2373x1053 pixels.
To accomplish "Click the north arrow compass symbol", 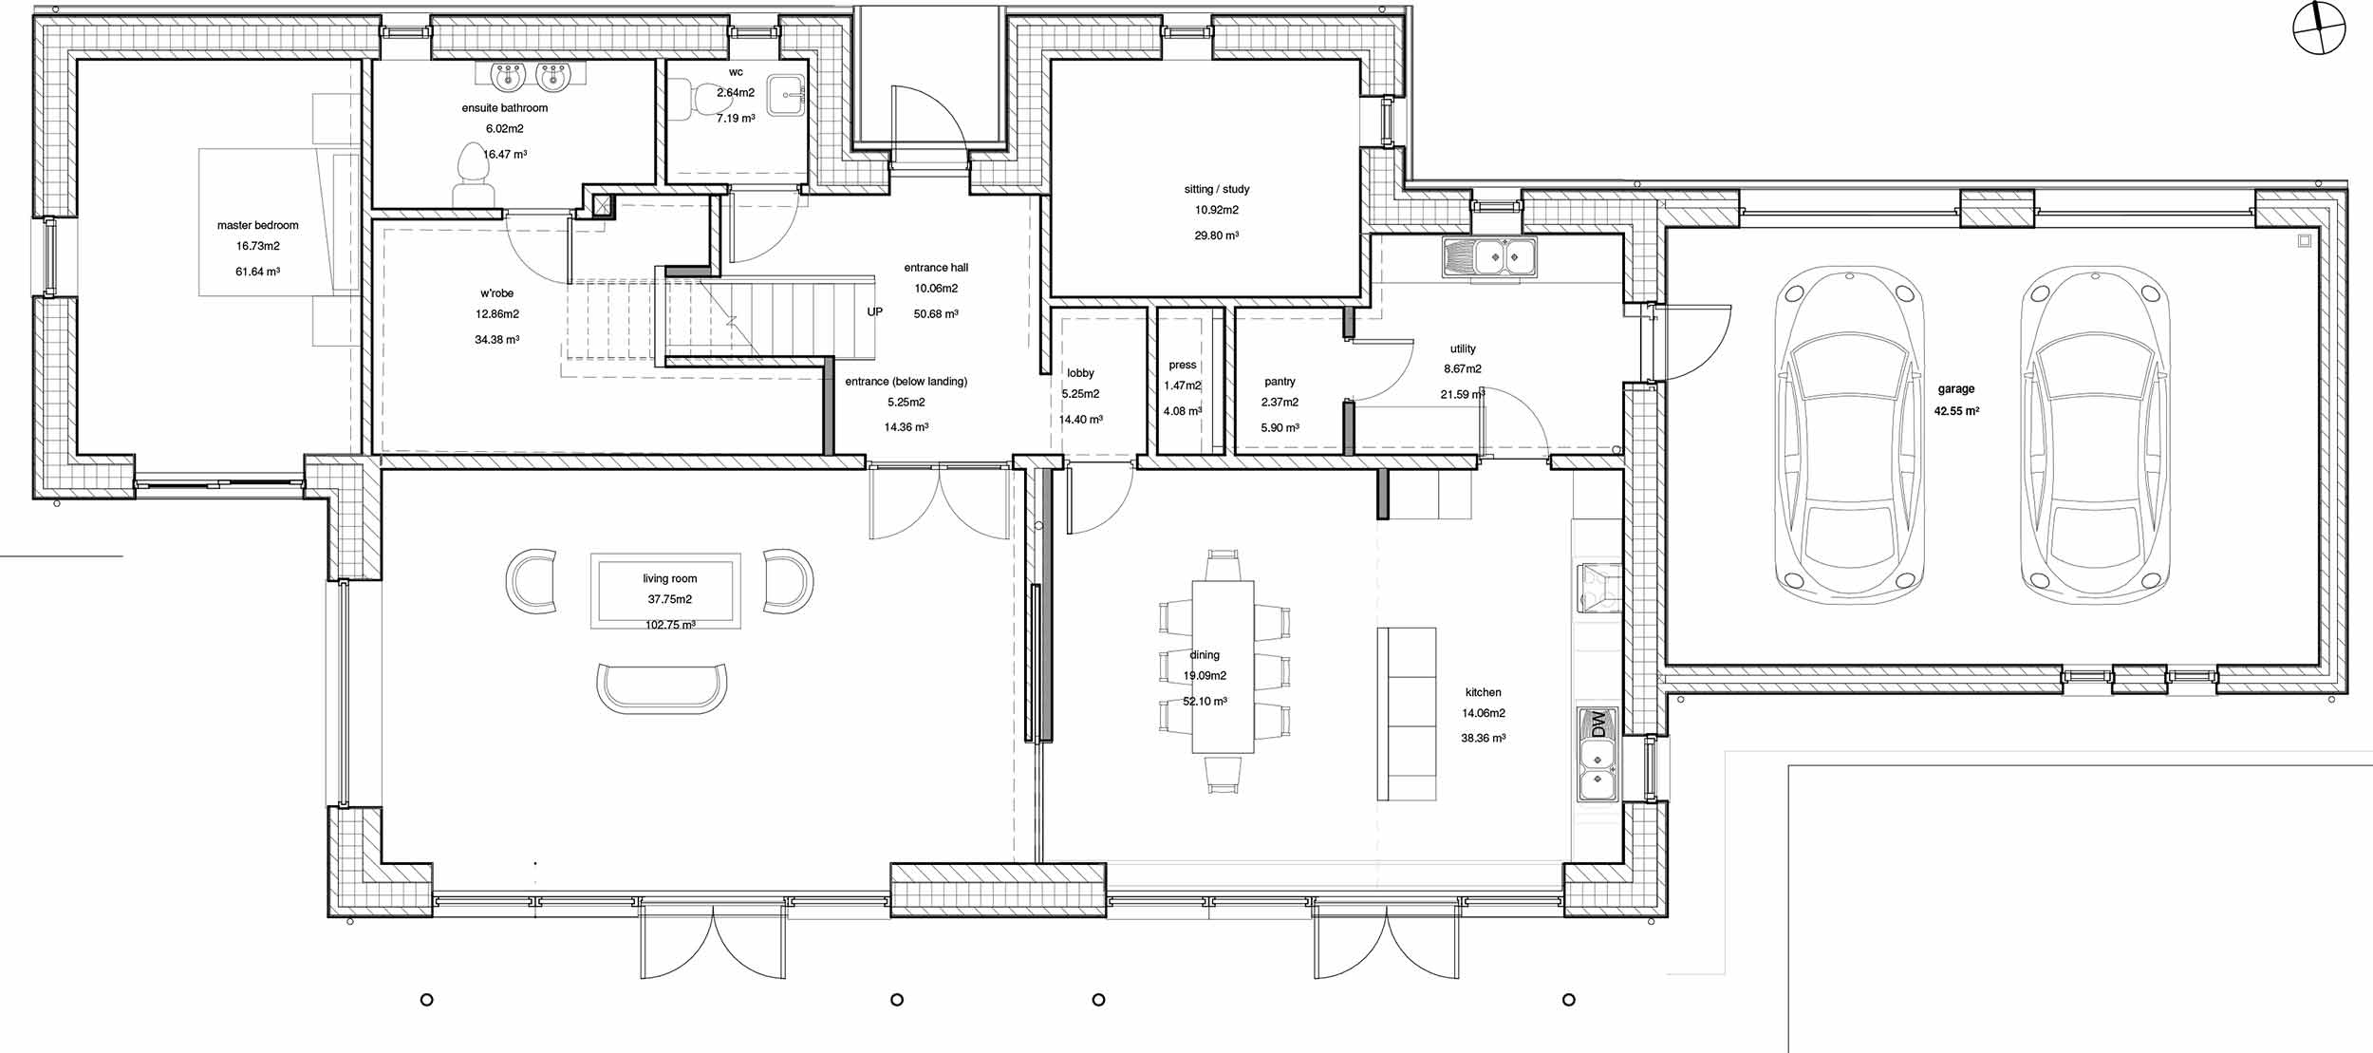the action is (2319, 28).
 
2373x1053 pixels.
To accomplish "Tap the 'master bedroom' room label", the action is (257, 225).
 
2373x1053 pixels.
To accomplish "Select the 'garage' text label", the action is (1956, 389).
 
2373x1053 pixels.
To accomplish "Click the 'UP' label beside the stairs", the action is (874, 311).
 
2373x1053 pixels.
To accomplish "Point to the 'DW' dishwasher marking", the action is (1599, 724).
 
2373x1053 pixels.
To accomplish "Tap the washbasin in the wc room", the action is (786, 95).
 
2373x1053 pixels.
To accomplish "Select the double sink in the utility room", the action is (1489, 257).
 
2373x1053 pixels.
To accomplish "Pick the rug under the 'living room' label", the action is (665, 591).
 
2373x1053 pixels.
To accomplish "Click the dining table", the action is (1223, 667).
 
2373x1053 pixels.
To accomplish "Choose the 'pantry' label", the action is (1280, 382).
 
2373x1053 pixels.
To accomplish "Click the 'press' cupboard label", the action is (1183, 365).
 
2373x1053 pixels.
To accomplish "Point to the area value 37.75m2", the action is (669, 599).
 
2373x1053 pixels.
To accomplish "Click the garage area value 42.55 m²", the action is (1956, 411).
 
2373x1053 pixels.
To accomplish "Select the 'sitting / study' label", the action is (1217, 190).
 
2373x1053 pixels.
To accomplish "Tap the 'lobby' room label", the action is (1080, 373).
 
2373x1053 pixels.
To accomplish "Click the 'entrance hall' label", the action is (936, 268).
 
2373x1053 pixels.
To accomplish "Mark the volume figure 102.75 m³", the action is (670, 625).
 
